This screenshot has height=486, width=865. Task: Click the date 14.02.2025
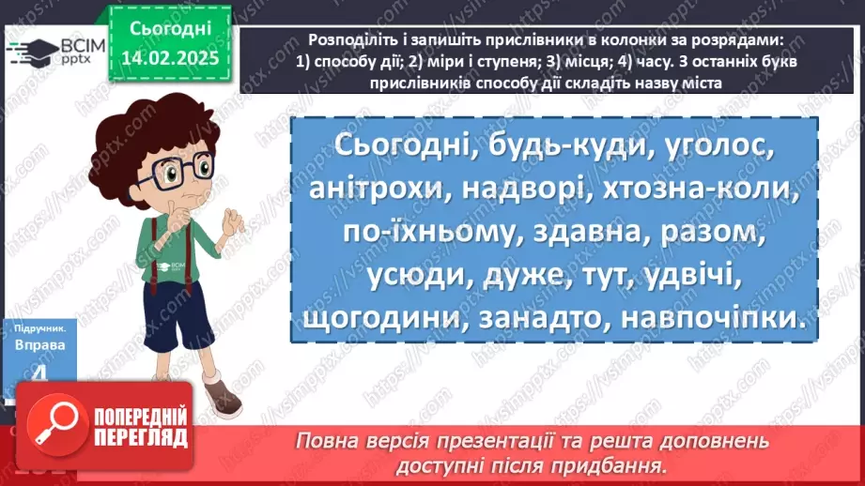[x=170, y=56]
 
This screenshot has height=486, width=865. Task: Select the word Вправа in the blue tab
[x=39, y=344]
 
